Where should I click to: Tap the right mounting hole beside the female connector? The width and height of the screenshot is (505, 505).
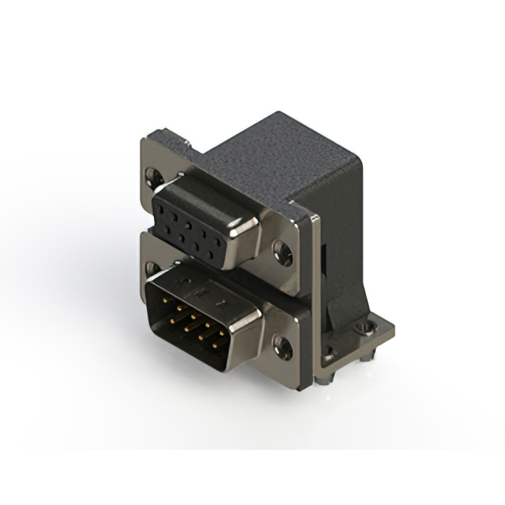coord(282,252)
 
